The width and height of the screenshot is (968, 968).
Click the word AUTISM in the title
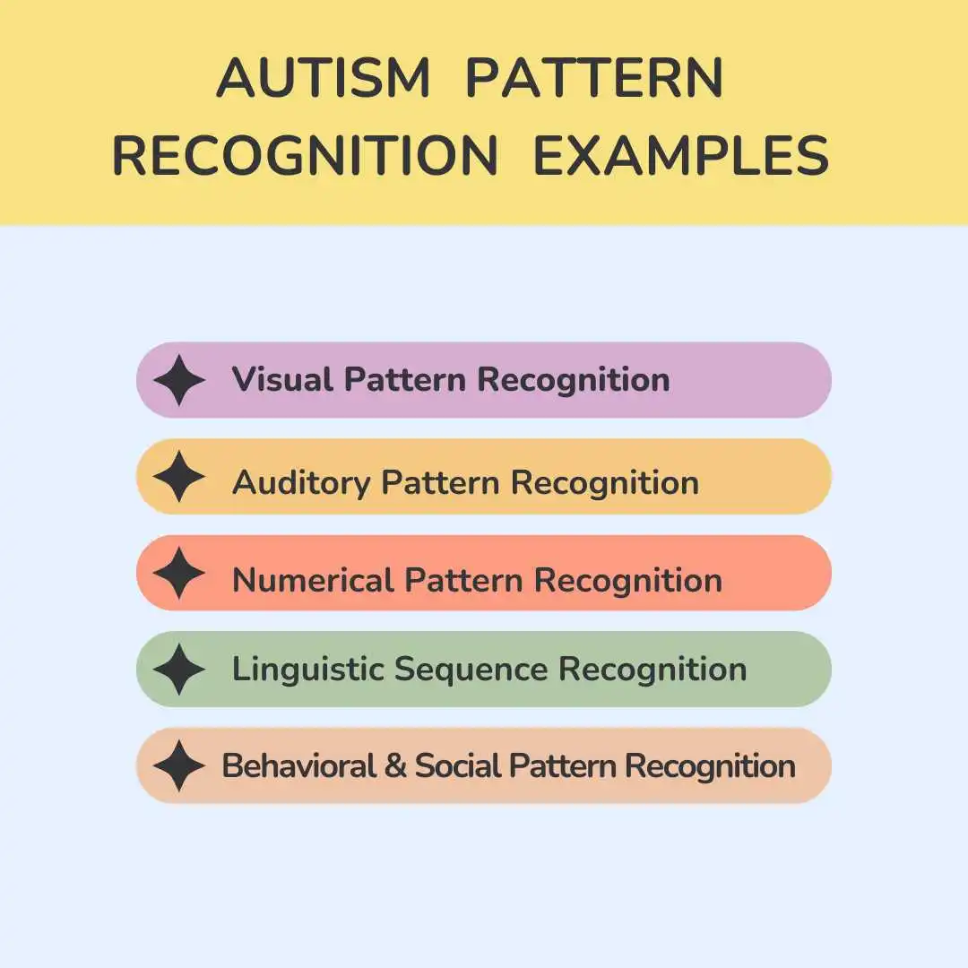click(x=323, y=78)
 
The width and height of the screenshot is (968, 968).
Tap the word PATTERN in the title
click(x=594, y=78)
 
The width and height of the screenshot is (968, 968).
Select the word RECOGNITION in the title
click(x=305, y=155)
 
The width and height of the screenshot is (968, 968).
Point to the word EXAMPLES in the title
click(x=681, y=155)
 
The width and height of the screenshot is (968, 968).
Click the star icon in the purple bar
click(x=179, y=380)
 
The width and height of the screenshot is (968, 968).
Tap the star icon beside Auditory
click(x=179, y=477)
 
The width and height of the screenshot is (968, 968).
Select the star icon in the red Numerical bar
click(x=179, y=573)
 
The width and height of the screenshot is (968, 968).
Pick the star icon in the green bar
click(x=179, y=670)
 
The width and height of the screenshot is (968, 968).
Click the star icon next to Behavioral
click(x=179, y=765)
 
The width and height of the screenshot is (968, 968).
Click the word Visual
click(x=282, y=379)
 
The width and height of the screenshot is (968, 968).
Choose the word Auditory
click(x=300, y=483)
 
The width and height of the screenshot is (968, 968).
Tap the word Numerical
click(x=313, y=580)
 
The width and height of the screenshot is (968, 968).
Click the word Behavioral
click(x=298, y=766)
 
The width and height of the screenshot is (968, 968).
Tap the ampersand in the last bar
click(x=395, y=766)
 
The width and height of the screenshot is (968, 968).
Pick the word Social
click(x=458, y=766)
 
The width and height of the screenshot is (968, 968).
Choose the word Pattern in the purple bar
click(x=405, y=379)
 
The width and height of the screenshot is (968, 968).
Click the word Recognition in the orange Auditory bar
click(x=605, y=483)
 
